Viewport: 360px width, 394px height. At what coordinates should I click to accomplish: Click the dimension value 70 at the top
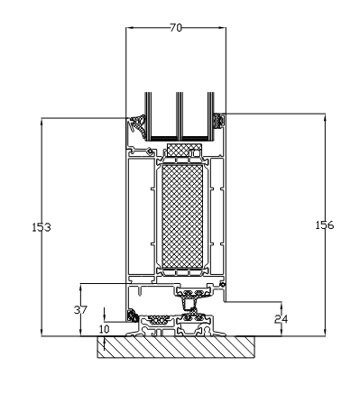pos(176,28)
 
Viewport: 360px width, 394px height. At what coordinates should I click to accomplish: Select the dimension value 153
pos(42,227)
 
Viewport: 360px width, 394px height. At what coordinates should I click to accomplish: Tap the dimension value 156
pos(325,225)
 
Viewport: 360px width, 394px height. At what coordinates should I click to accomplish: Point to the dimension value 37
pos(80,310)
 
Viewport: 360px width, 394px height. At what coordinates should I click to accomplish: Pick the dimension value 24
pos(281,319)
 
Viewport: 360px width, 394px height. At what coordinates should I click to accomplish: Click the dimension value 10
pos(105,329)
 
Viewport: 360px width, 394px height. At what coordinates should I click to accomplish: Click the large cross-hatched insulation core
pos(182,216)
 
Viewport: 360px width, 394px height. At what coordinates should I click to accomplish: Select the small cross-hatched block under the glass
pos(184,150)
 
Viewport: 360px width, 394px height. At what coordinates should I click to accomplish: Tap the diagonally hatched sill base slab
pos(176,347)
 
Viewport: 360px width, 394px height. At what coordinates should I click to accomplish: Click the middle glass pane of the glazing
pos(180,115)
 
